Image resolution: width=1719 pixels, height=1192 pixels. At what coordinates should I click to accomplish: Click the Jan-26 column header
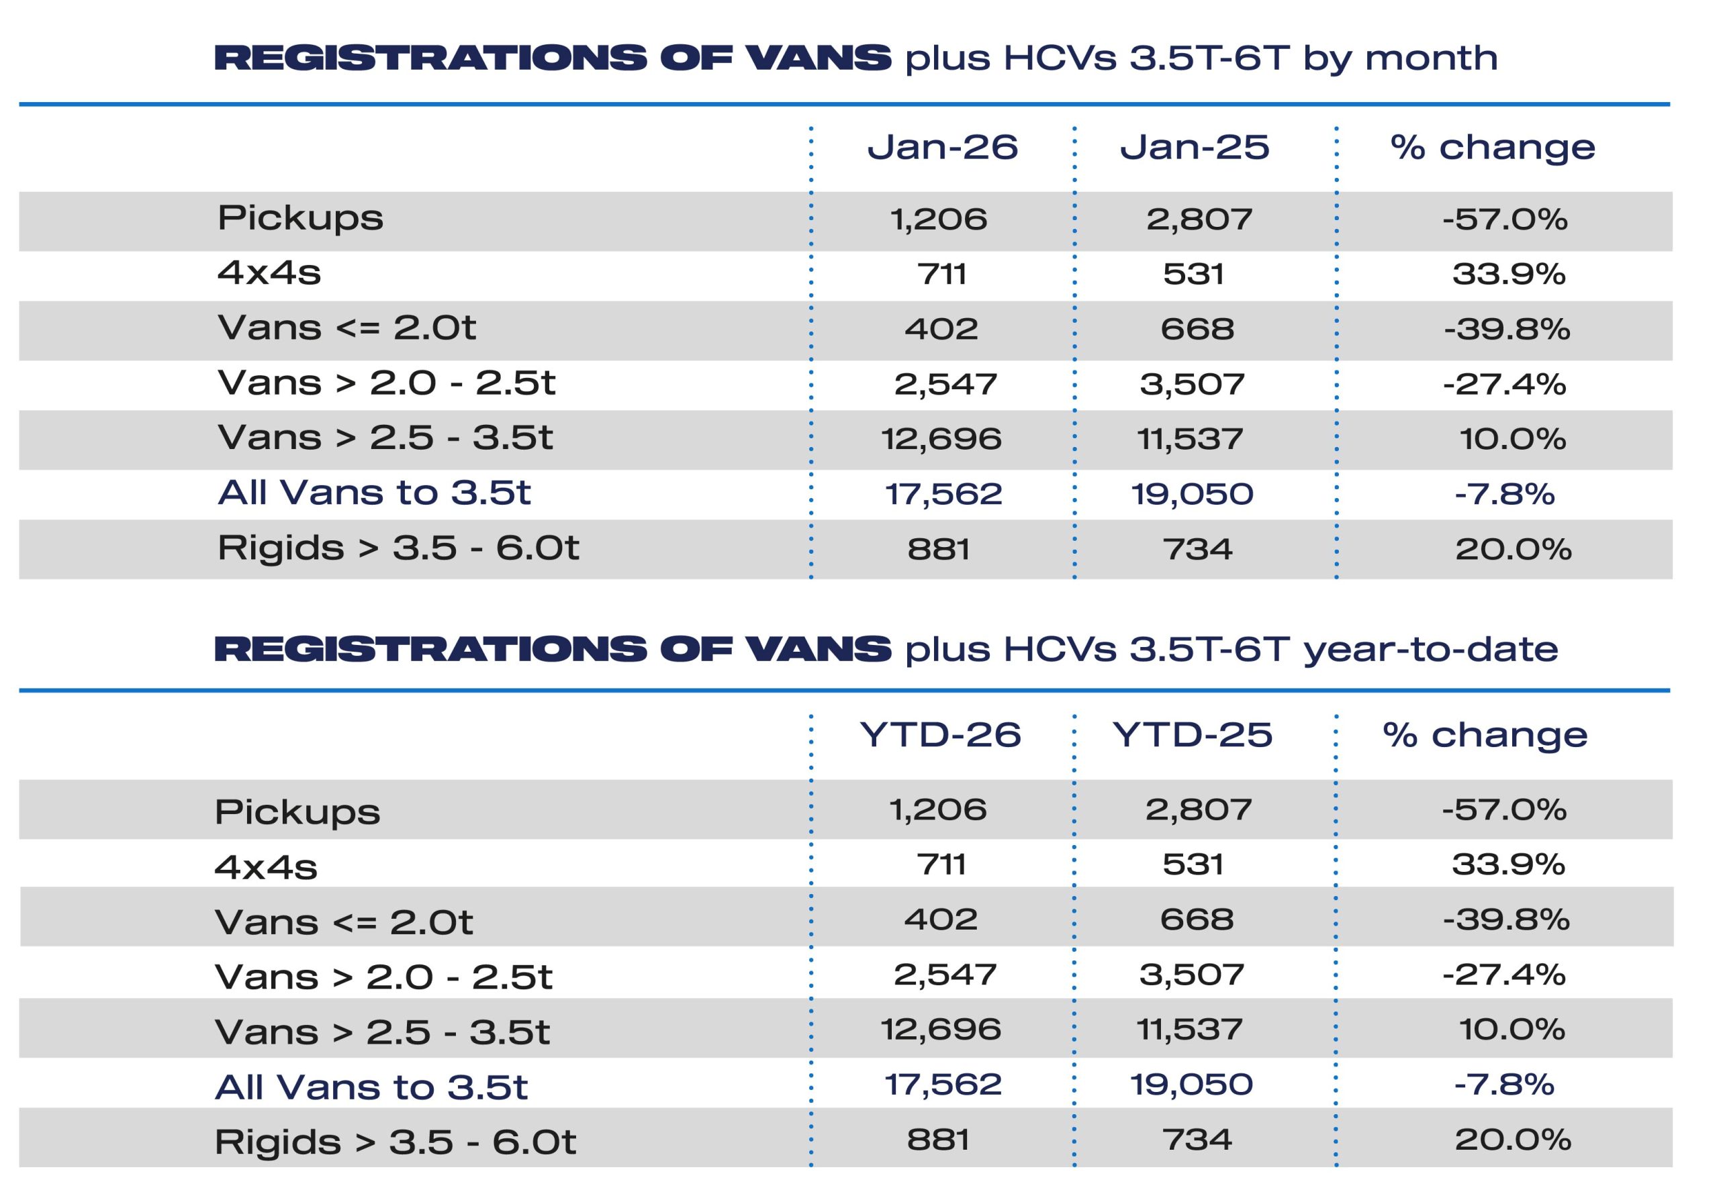click(942, 147)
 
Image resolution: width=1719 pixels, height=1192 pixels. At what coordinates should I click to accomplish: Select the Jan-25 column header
click(1194, 147)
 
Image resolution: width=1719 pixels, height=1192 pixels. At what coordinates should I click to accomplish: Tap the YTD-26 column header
click(940, 735)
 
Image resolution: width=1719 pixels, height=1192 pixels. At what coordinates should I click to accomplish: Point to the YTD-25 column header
click(1192, 735)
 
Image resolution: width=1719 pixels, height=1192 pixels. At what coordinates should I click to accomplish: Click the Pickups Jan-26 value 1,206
click(938, 219)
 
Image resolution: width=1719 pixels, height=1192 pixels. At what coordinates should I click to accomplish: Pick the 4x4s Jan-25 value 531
click(1193, 274)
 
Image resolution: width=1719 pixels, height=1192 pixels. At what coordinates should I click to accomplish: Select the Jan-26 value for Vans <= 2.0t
click(941, 330)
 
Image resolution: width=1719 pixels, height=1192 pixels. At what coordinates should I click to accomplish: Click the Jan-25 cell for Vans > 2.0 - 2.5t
click(1193, 385)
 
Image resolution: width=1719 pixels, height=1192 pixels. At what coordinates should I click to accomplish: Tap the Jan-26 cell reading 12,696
click(941, 439)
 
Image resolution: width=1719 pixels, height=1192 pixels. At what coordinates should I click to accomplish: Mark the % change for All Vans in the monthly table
click(1504, 495)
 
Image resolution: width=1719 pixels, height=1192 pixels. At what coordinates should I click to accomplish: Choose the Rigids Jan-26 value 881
click(938, 550)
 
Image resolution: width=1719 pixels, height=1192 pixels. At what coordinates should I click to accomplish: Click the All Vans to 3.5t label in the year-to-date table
click(371, 1087)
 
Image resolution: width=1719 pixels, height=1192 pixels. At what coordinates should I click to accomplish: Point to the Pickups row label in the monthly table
click(300, 218)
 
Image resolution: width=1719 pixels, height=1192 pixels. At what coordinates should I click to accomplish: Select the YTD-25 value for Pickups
click(1199, 809)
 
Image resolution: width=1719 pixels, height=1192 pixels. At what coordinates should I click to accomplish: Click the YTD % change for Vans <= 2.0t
click(1506, 920)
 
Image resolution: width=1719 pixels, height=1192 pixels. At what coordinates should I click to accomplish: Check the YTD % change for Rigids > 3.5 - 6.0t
click(1513, 1140)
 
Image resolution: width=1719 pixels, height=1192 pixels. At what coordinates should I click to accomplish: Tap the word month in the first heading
click(1431, 59)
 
